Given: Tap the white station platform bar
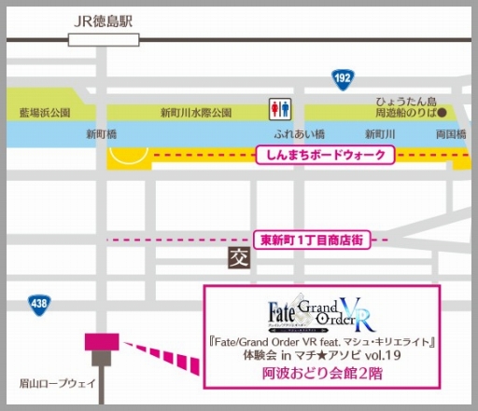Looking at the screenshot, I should click(x=105, y=39).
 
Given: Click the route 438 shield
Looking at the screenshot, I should click(x=38, y=303).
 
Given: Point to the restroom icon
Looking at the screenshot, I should click(x=278, y=110).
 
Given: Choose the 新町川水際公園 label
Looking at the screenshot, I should click(x=195, y=113).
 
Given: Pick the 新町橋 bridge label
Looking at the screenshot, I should click(x=102, y=134).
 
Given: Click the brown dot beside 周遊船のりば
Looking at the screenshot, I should click(x=443, y=113).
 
